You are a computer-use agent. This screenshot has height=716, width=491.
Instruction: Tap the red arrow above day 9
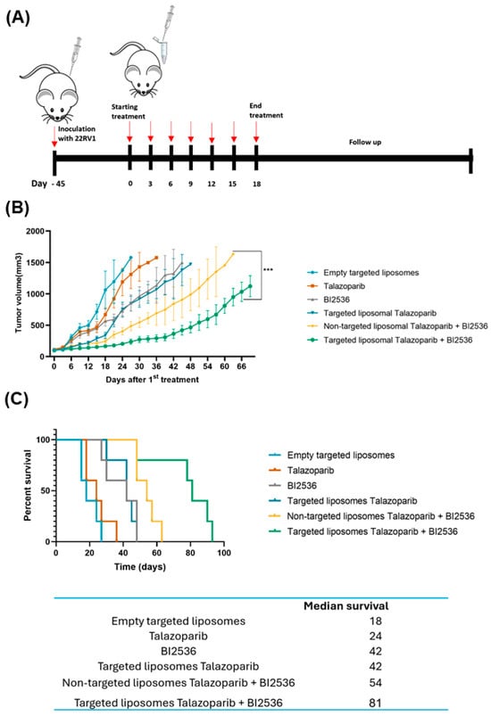[191, 131]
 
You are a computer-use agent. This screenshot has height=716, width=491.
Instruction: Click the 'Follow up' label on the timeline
[365, 142]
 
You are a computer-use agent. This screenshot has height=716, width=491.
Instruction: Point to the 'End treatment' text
[266, 111]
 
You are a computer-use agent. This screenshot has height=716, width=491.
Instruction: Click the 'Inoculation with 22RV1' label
[77, 134]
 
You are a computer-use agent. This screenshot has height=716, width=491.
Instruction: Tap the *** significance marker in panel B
[268, 269]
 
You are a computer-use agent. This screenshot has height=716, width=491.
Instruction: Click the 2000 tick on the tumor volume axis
[35, 231]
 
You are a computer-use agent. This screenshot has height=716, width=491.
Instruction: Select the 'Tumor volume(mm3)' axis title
[18, 292]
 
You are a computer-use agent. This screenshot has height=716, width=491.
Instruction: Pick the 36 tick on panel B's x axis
[156, 366]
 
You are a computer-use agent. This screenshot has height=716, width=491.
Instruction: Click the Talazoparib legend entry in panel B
[345, 286]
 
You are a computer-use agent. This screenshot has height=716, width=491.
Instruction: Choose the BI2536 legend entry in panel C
[302, 485]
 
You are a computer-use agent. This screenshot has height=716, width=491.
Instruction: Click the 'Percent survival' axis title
[28, 485]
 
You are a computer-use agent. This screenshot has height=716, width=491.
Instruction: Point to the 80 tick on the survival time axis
[190, 553]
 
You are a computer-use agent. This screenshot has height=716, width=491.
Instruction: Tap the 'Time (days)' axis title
[140, 567]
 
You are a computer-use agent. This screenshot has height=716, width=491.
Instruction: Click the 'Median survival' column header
[346, 606]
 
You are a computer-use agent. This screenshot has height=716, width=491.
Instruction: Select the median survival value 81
[375, 702]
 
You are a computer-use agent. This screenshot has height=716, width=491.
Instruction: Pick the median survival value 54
[375, 683]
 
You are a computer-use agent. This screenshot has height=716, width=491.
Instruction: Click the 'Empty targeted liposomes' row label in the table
[179, 621]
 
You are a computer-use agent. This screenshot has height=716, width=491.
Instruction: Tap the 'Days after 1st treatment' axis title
[153, 379]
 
